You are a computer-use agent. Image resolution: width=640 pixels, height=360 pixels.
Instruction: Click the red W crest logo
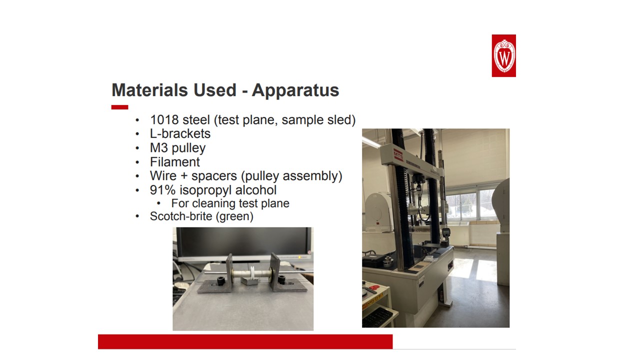503,55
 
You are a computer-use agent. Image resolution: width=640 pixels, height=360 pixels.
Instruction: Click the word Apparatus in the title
295,90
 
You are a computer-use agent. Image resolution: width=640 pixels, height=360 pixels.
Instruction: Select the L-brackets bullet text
180,133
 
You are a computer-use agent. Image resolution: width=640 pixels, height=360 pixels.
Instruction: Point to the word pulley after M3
188,148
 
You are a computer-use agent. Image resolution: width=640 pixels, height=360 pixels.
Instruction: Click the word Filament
175,162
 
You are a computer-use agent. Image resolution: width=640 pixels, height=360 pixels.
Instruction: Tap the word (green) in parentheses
234,216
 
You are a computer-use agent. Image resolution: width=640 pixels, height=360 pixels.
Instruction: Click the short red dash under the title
119,107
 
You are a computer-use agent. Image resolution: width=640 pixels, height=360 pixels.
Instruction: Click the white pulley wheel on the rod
253,273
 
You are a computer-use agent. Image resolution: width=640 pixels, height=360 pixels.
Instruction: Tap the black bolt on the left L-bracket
220,281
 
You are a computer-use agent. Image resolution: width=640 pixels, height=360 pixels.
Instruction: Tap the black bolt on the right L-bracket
281,279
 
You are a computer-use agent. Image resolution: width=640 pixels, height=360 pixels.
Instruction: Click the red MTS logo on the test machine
398,155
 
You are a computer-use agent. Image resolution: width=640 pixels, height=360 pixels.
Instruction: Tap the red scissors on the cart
374,287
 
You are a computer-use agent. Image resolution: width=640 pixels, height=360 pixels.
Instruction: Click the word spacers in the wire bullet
214,176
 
